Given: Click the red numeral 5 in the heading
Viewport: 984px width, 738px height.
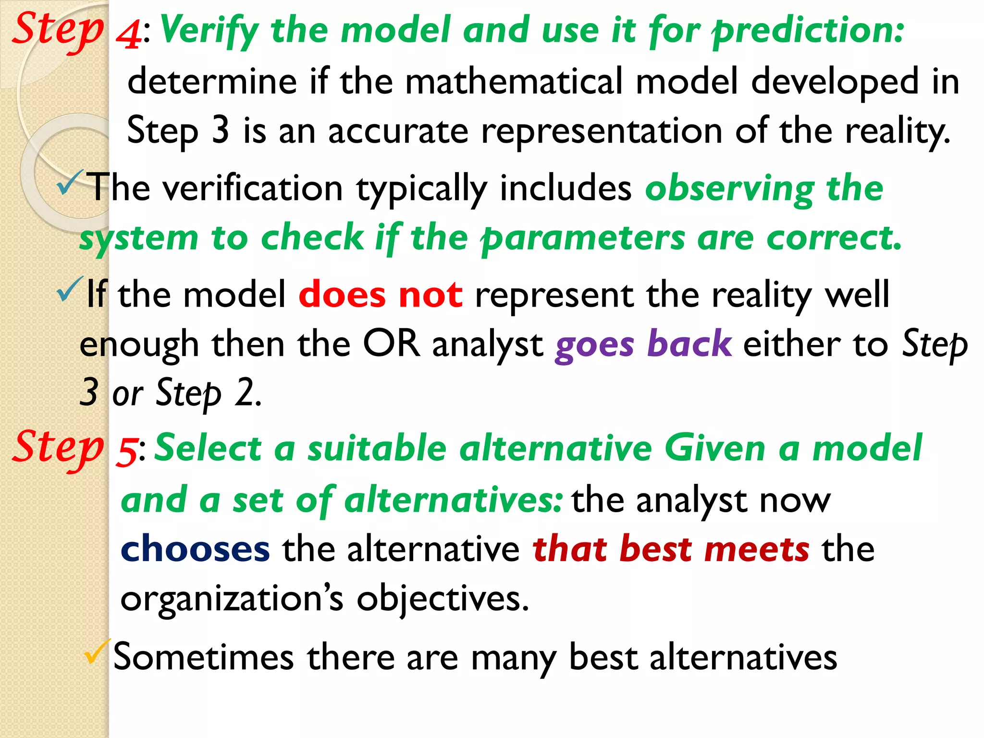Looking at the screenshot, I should (127, 452).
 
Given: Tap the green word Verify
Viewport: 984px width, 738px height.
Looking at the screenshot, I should (209, 31).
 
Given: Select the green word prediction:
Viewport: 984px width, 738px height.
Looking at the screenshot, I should (808, 31).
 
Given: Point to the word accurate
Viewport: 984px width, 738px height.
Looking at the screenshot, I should (398, 131).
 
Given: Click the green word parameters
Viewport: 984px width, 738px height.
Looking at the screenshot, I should (583, 239).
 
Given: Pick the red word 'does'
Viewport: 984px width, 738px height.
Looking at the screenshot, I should (342, 295).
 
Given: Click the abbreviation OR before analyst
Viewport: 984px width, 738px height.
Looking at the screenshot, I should (391, 344).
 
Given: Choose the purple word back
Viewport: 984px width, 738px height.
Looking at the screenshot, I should (689, 344).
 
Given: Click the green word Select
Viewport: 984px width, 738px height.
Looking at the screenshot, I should (208, 448).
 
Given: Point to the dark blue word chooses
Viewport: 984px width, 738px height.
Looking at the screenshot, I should (195, 549).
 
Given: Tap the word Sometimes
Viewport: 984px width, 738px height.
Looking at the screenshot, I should (203, 657).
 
